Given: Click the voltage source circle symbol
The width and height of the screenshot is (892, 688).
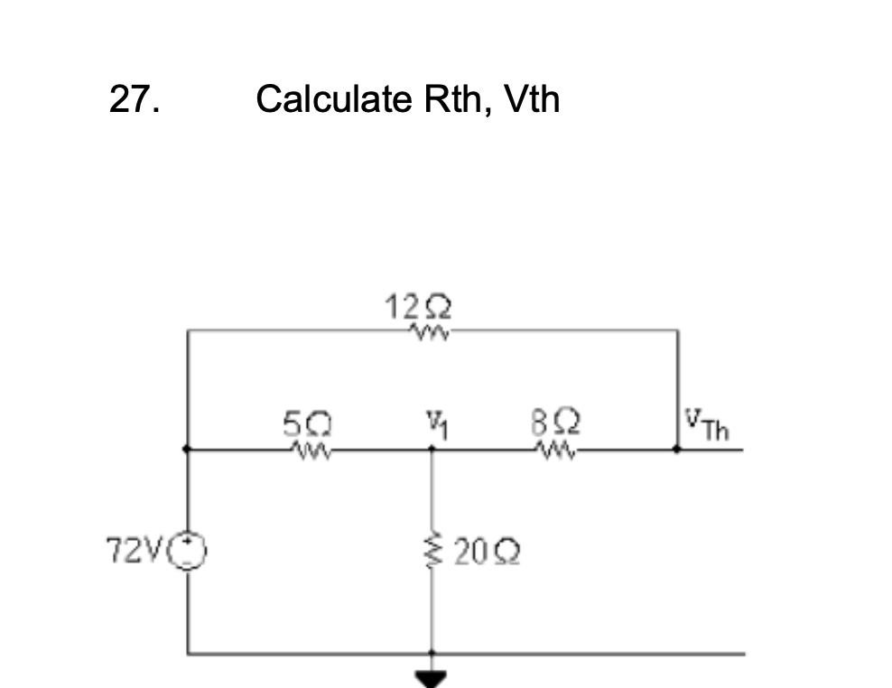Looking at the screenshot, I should (x=189, y=549).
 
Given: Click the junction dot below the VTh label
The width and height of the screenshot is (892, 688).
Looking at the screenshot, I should (x=678, y=448).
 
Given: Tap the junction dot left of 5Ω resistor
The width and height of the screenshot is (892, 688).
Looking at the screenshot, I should (x=188, y=448).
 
